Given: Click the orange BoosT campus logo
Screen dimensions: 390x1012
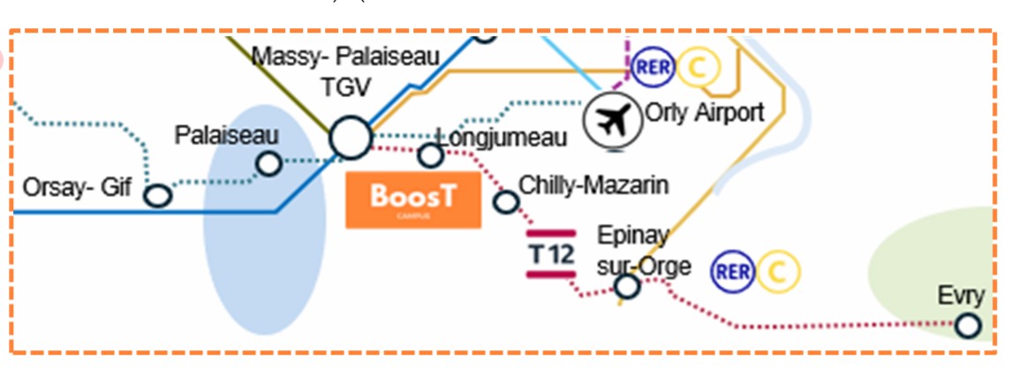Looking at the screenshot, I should point(413,200).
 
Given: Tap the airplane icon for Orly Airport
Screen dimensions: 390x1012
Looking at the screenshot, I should point(614,120).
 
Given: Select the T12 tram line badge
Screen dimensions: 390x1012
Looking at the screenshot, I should point(552,254).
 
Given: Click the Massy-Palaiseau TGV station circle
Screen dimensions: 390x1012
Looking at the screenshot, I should point(351,139).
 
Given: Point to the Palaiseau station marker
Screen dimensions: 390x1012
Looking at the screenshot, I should point(268,163).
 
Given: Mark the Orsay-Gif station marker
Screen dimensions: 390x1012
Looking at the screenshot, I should point(158,196).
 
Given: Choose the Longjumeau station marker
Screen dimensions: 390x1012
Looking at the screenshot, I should point(430,155).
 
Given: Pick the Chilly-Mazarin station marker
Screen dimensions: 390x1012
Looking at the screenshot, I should point(505,201).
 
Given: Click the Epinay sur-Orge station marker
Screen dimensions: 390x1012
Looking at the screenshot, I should point(627,286).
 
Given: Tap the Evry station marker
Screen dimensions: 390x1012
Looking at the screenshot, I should point(968,325).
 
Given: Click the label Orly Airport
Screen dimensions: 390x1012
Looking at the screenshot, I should point(704,113).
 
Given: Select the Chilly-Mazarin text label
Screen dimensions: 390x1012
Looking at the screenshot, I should point(593,185).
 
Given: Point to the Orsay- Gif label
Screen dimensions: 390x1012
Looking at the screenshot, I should point(76,189).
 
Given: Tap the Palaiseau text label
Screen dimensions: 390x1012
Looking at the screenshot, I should point(226,136).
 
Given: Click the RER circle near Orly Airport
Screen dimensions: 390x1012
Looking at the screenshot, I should point(653,66).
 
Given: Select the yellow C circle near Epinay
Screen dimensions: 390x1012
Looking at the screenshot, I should point(778,271).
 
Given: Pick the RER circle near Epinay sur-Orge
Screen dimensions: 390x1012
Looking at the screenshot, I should point(733,271).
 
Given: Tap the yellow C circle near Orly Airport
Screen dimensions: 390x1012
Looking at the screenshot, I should point(696,66).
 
